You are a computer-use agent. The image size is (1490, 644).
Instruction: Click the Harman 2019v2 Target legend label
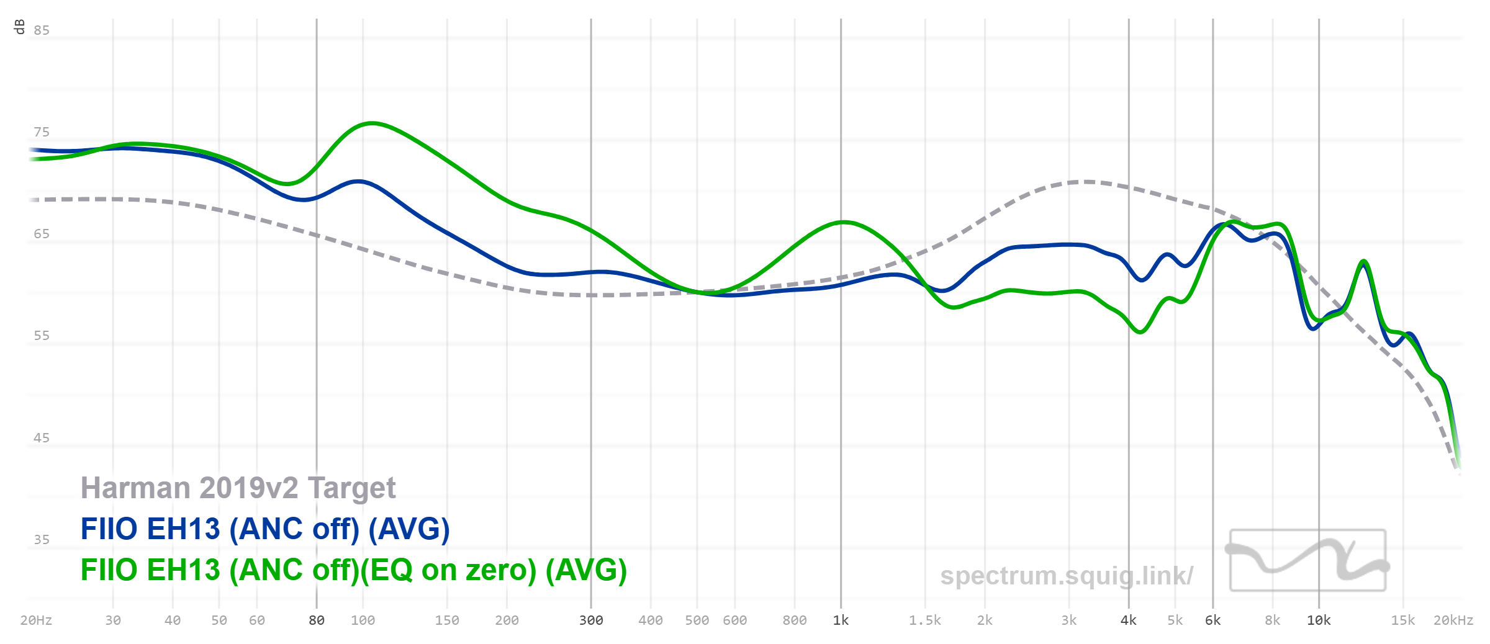tap(238, 488)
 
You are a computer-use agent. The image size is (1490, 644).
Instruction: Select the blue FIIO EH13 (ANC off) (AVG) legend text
tap(265, 529)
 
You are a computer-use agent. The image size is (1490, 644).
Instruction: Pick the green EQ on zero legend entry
tap(353, 570)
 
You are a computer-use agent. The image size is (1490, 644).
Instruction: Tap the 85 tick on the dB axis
tap(42, 30)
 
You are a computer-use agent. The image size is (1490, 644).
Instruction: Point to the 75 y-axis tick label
tap(42, 132)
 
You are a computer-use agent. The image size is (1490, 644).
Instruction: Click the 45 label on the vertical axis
tap(42, 438)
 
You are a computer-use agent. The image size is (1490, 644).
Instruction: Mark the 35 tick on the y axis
tap(42, 540)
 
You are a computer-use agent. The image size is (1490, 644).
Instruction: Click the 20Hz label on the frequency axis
tap(36, 620)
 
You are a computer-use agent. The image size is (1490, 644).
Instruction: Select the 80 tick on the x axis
tap(317, 620)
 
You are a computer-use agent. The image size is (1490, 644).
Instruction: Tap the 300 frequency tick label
tap(591, 620)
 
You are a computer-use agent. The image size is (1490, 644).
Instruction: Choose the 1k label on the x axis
tap(841, 620)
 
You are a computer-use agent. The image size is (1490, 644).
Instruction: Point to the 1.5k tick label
tap(925, 620)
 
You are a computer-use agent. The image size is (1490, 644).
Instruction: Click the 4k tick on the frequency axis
tap(1129, 620)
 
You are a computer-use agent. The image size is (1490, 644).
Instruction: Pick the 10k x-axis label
tap(1319, 620)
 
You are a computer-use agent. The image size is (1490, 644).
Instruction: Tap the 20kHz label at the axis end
tap(1453, 620)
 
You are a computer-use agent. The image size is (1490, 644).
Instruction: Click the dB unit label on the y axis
tap(19, 27)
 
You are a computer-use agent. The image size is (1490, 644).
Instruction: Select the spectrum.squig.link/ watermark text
tap(1066, 576)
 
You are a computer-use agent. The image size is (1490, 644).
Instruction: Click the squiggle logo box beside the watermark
tap(1308, 560)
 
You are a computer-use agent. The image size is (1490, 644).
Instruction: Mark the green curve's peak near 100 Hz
tap(372, 123)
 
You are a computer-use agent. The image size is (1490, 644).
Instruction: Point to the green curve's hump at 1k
tap(843, 222)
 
